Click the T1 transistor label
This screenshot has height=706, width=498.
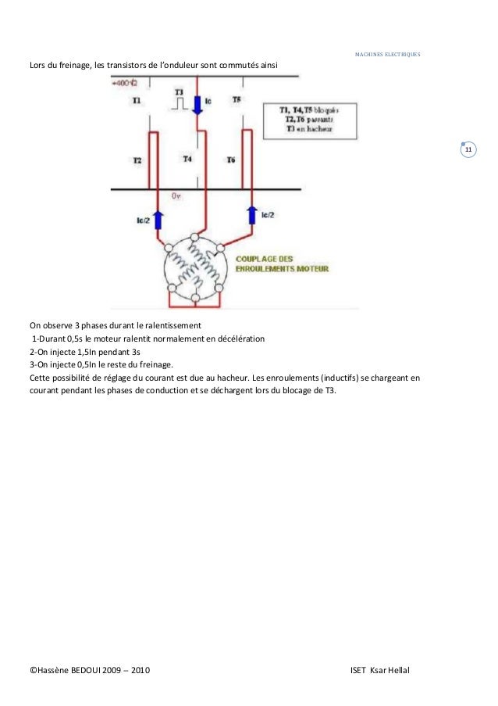[x=137, y=101]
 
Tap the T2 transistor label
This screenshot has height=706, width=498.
[x=137, y=160]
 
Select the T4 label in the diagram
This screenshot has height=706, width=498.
[x=187, y=159]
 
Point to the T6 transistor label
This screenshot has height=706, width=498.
[x=231, y=160]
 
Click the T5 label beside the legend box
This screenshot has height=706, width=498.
[x=237, y=101]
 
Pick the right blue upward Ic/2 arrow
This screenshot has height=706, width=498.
[x=252, y=213]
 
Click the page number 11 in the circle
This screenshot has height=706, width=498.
[x=470, y=149]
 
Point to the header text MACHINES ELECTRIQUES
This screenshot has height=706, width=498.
[x=387, y=55]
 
